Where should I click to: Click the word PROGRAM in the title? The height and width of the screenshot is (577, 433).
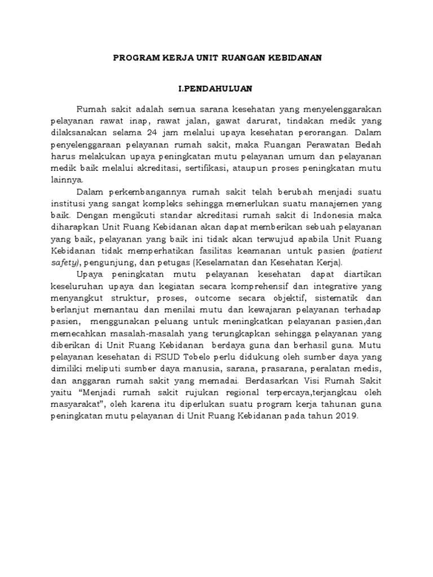tap(133, 59)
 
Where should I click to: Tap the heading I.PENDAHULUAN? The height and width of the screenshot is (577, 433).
tap(216, 89)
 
